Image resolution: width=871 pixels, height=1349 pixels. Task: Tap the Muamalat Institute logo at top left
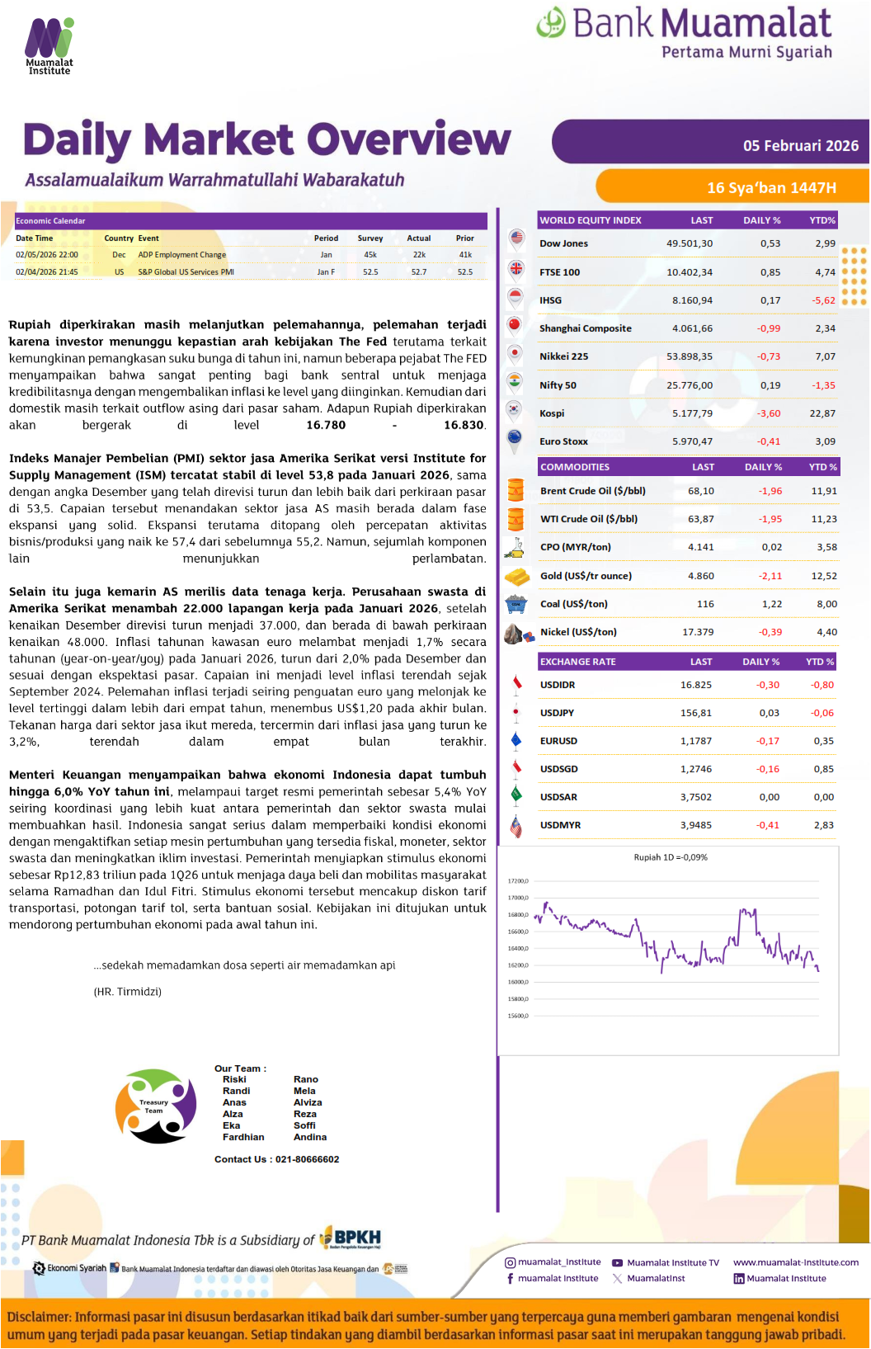49,46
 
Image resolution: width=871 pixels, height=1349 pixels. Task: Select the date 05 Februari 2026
800,146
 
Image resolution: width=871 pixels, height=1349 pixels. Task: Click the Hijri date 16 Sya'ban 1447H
771,188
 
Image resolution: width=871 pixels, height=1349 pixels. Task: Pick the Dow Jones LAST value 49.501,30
690,243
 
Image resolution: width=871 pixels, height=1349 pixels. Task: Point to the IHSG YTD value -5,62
823,300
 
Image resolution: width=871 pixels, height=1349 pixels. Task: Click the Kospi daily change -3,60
768,413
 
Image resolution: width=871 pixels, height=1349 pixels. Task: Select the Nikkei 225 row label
564,356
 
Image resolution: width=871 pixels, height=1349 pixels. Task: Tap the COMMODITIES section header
575,467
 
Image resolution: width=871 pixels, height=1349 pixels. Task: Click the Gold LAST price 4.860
700,576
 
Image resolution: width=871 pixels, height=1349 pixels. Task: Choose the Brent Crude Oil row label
592,491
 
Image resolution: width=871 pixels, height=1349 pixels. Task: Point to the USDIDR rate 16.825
696,685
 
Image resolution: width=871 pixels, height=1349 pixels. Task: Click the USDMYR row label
560,825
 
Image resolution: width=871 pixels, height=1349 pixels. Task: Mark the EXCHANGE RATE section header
577,662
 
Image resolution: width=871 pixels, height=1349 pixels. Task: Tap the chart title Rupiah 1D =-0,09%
670,857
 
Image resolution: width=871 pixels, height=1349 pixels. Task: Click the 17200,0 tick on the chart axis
518,881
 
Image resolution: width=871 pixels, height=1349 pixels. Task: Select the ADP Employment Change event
181,255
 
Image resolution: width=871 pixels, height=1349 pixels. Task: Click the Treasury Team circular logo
156,1106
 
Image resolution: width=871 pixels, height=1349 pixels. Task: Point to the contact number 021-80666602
307,1159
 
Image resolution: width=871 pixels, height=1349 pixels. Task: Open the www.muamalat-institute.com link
795,1262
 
